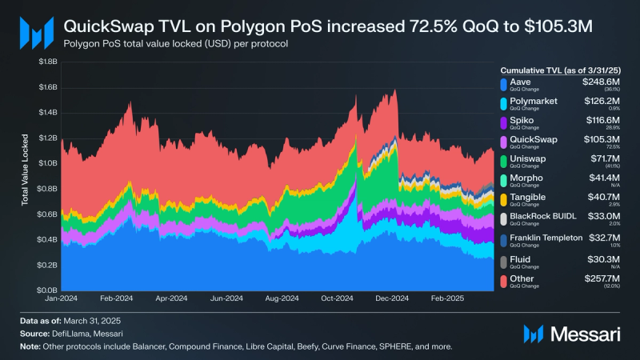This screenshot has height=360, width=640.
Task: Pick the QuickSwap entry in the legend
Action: (534, 138)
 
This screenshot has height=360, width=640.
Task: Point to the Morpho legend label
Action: (526, 176)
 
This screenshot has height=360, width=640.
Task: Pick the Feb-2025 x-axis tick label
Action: (446, 298)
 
